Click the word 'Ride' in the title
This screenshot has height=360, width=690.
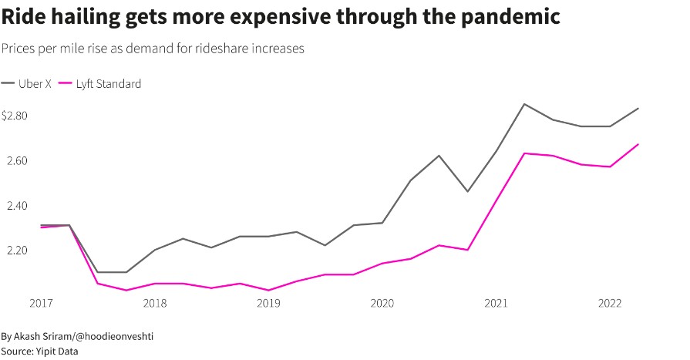point(24,17)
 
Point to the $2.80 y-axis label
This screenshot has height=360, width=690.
point(15,116)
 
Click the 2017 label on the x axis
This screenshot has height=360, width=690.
point(41,304)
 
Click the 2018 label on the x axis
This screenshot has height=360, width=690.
point(155,304)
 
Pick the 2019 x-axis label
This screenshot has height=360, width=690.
point(268,304)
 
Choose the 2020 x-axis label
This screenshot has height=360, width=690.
point(382,304)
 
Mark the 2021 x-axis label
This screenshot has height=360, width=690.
point(496,304)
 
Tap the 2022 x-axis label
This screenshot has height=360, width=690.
point(610,304)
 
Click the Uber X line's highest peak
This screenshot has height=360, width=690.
point(524,104)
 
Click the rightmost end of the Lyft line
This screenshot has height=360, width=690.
point(638,144)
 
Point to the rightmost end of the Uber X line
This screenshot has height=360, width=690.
point(638,109)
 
